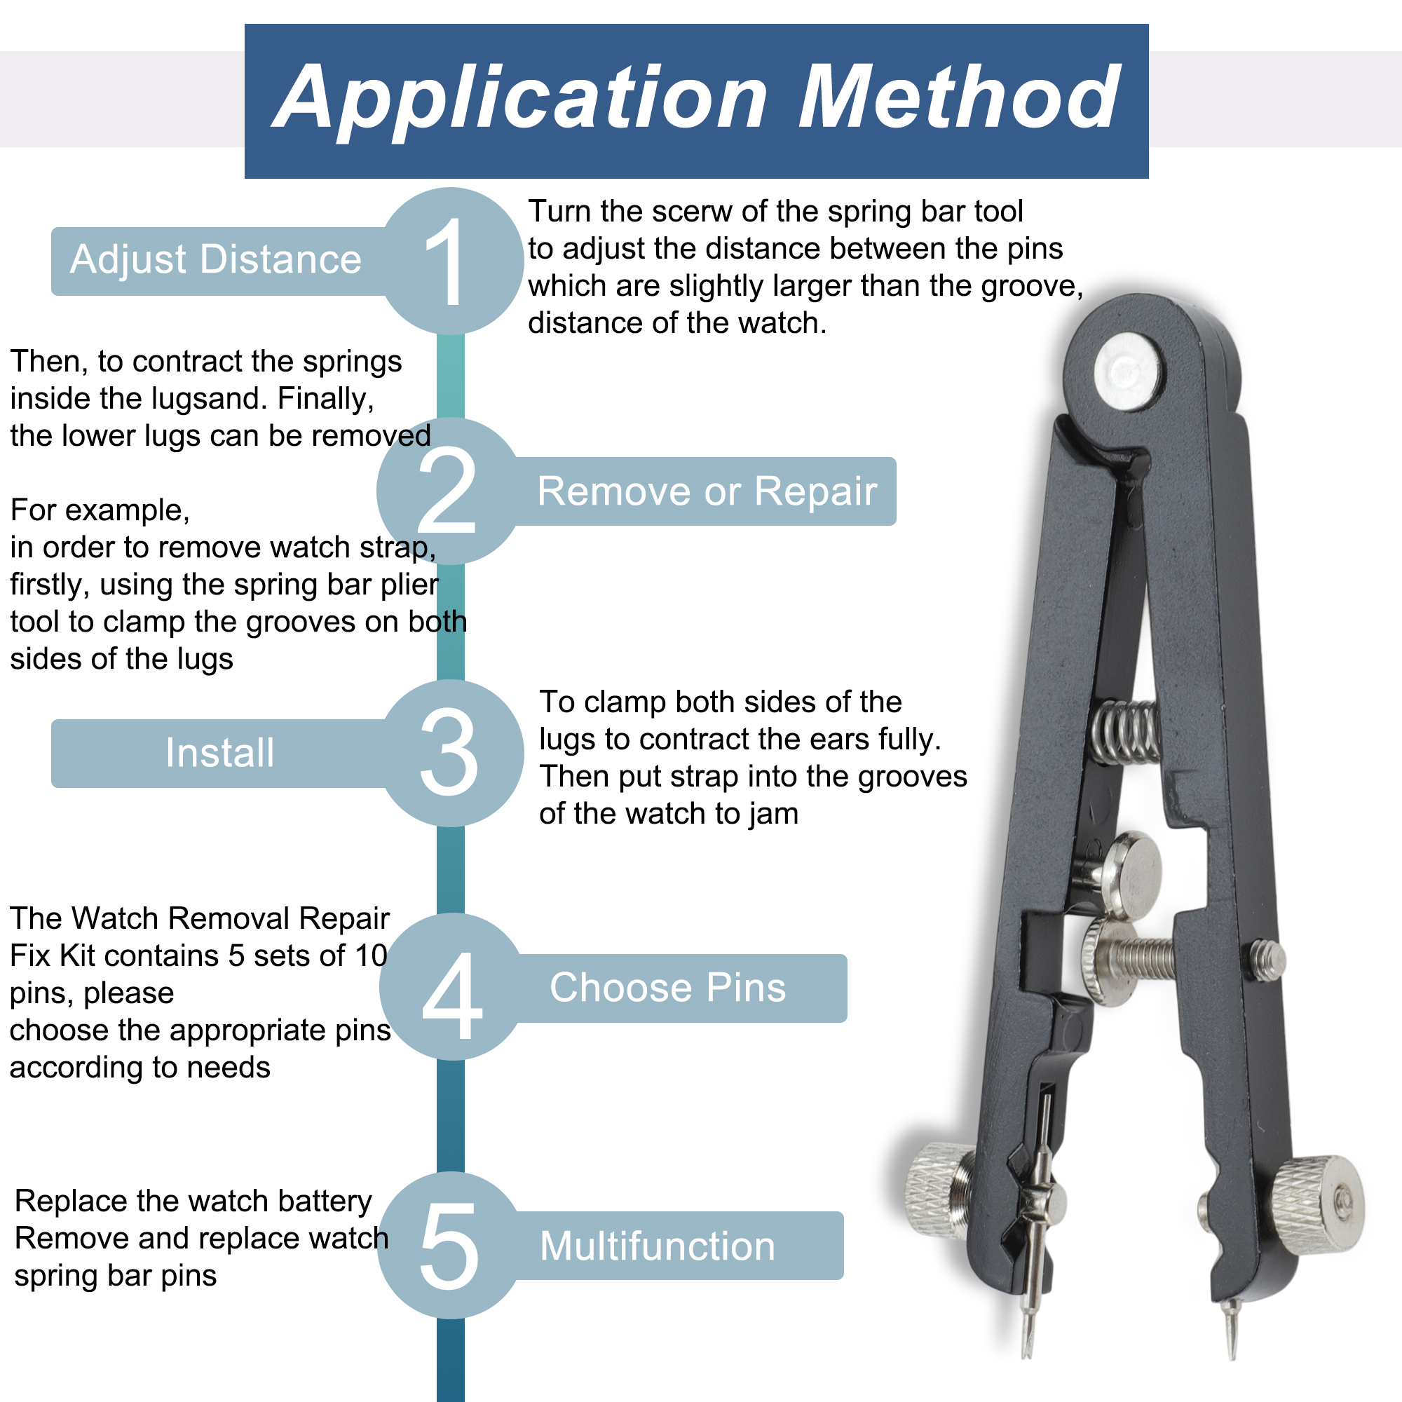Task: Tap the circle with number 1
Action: [x=451, y=261]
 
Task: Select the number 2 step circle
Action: [x=449, y=491]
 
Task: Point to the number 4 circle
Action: [x=451, y=987]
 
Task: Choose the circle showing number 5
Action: [x=450, y=1246]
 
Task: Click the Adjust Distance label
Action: [x=215, y=260]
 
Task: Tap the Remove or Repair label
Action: [x=707, y=491]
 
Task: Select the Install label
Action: [x=220, y=752]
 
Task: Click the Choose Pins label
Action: [x=667, y=988]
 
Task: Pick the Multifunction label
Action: [x=658, y=1246]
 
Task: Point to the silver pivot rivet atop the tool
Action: [x=1129, y=371]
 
